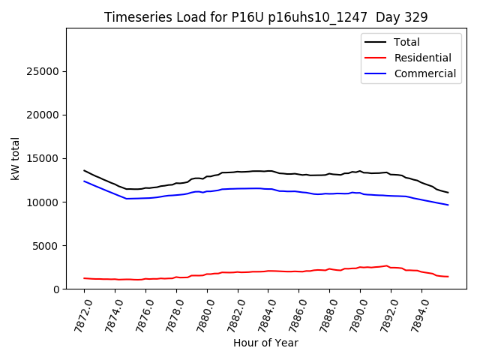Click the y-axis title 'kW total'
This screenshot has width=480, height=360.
(x=16, y=158)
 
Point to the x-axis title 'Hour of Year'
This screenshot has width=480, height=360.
(x=265, y=343)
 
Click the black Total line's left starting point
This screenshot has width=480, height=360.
(x=84, y=170)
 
